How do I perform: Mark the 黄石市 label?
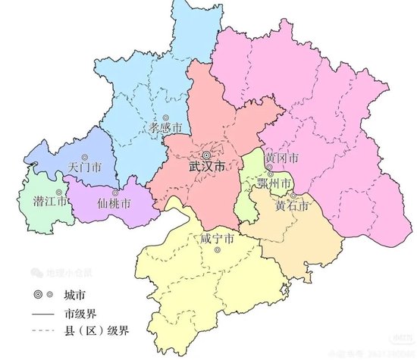tap(292, 205)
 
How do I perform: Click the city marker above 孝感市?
tap(165, 116)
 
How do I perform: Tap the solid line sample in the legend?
tap(42, 312)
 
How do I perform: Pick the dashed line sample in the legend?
tap(42, 331)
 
